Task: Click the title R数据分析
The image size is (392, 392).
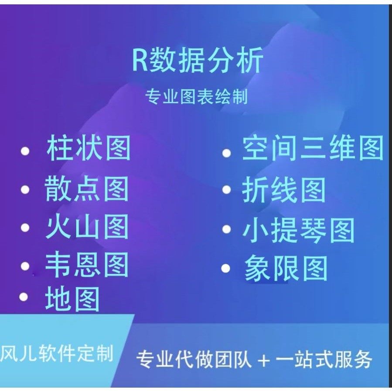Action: (x=198, y=61)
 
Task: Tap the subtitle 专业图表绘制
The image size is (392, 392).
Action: (x=197, y=97)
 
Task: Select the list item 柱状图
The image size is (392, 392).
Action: (x=89, y=149)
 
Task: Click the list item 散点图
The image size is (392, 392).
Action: (x=87, y=190)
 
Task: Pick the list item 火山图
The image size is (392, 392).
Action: (x=87, y=227)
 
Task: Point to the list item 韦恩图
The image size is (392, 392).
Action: (x=87, y=265)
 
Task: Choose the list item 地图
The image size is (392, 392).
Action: (x=72, y=299)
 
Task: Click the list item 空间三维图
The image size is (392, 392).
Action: (x=313, y=148)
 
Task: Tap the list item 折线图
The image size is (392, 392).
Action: (x=284, y=190)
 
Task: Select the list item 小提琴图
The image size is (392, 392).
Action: (x=298, y=230)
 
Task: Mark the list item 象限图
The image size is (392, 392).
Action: (x=286, y=268)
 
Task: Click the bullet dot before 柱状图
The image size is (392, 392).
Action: (x=25, y=152)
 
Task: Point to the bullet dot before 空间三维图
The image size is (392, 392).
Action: (x=226, y=153)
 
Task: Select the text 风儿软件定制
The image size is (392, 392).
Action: (x=57, y=353)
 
